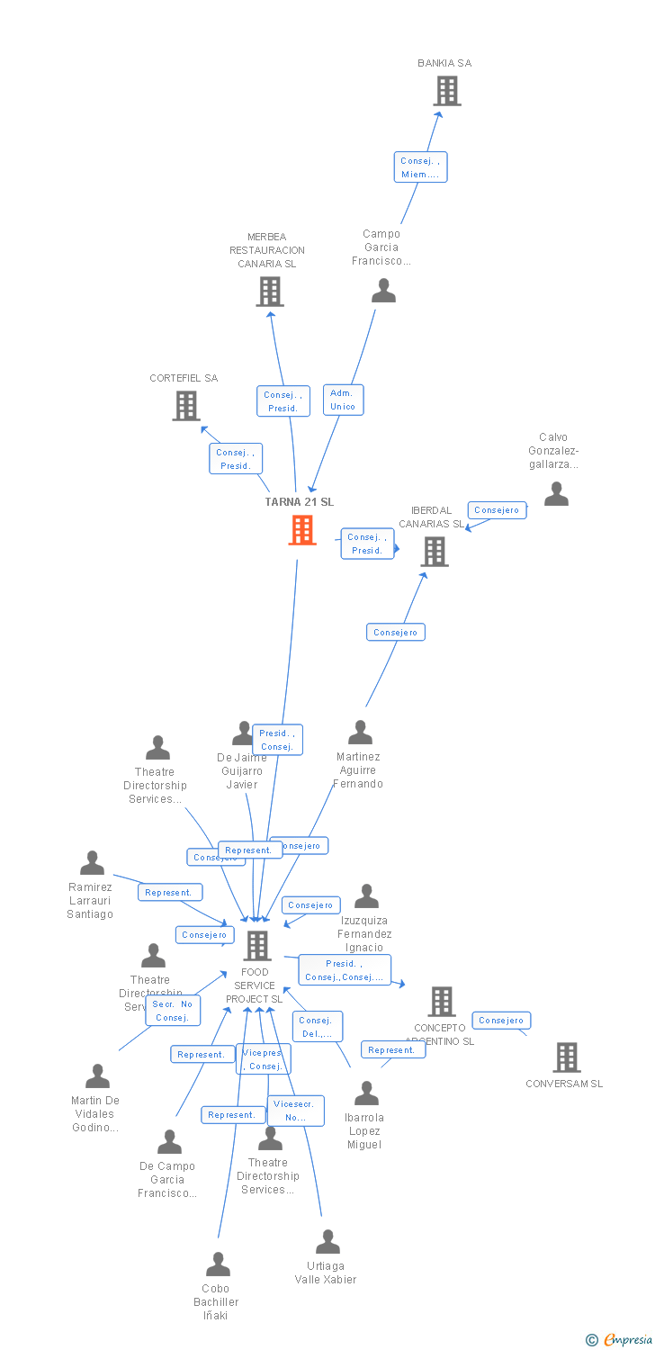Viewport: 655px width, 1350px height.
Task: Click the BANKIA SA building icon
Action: point(447,91)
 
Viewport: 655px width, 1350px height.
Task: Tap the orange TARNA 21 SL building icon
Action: point(302,530)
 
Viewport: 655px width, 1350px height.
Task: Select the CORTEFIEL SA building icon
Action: point(185,406)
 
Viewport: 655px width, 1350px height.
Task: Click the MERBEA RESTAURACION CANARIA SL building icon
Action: point(270,292)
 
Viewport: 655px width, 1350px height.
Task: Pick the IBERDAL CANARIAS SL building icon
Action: point(435,552)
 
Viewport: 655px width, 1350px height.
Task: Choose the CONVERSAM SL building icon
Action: point(566,1057)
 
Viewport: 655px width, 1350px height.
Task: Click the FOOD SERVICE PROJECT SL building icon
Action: point(257,946)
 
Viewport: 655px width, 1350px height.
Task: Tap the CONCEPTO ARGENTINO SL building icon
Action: point(441,1002)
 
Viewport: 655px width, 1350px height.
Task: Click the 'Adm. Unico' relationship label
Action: point(343,400)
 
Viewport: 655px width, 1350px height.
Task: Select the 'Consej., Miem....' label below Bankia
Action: point(420,167)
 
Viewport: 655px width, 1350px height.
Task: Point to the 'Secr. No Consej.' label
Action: point(172,1011)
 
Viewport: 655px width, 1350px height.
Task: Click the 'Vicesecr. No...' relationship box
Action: point(295,1111)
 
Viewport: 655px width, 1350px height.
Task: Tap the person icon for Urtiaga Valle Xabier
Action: point(327,1242)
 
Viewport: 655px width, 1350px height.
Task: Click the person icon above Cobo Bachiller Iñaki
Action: point(218,1264)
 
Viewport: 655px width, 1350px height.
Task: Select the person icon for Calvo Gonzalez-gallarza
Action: point(556,494)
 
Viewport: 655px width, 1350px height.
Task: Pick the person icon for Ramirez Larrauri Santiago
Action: point(92,864)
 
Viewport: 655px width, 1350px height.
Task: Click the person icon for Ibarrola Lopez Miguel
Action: point(366,1093)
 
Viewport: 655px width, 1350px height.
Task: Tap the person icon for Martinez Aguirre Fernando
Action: point(360,733)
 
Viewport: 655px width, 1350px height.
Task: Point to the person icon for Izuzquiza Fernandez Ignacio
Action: point(366,896)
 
